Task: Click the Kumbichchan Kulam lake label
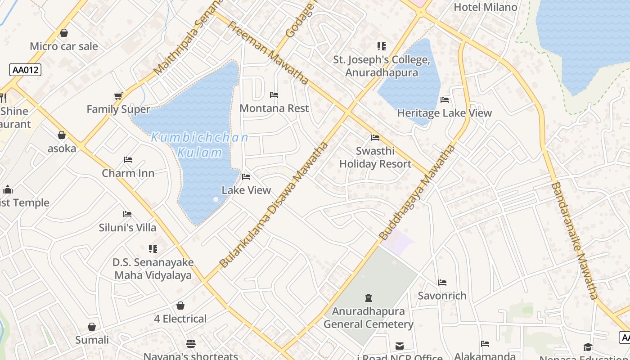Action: [199, 144]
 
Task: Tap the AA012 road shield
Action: [25, 70]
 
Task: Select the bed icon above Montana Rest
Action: [274, 95]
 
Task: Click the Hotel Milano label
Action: [485, 7]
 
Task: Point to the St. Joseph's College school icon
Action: [381, 46]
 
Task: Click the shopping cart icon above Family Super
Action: [118, 96]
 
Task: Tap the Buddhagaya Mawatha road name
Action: [417, 192]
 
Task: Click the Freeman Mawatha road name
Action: [268, 53]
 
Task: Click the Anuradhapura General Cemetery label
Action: [368, 318]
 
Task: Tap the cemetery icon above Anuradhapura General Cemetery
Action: [369, 297]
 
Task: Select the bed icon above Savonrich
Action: [442, 283]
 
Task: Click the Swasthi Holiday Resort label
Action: [375, 157]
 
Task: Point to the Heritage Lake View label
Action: [444, 113]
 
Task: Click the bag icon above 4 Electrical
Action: [180, 306]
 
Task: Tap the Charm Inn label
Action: [128, 173]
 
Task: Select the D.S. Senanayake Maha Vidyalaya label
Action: [153, 269]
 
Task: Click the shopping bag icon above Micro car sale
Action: [64, 33]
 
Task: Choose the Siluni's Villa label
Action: [128, 228]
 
